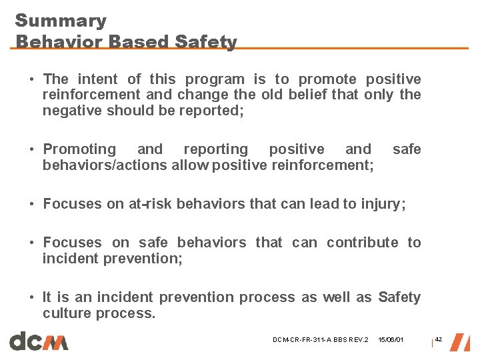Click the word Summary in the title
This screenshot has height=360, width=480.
point(61,21)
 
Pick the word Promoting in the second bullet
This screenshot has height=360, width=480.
point(79,149)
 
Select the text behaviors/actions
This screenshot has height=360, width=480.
point(105,165)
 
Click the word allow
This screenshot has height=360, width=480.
point(189,165)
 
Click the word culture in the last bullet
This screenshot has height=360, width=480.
point(67,313)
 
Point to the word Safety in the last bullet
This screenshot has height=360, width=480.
point(399,297)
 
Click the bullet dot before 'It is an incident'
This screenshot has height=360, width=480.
point(32,298)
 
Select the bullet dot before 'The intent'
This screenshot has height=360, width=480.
point(32,80)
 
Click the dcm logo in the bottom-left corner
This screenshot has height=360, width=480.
point(39,341)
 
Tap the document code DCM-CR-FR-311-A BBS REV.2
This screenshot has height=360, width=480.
point(320,341)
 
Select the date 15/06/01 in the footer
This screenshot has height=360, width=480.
point(391,341)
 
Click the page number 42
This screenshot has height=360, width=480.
point(438,340)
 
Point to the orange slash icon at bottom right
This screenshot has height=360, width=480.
point(459,341)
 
